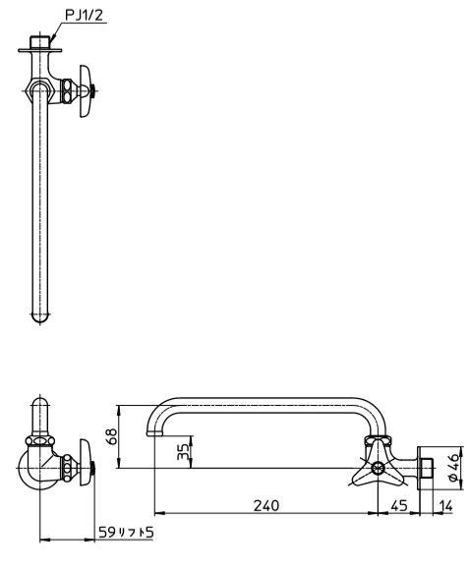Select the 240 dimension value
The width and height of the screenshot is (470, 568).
pyautogui.click(x=266, y=505)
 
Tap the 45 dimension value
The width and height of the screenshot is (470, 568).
pyautogui.click(x=399, y=505)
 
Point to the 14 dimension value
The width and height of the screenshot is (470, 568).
pyautogui.click(x=445, y=505)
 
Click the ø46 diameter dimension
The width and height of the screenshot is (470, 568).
pyautogui.click(x=454, y=468)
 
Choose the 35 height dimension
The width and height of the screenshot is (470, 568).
pyautogui.click(x=184, y=452)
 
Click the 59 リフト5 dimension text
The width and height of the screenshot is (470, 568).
pyautogui.click(x=127, y=533)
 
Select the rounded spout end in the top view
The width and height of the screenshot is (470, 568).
pyautogui.click(x=40, y=316)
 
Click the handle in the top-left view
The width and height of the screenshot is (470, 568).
pyautogui.click(x=86, y=91)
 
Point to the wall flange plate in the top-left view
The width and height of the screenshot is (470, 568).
pyautogui.click(x=40, y=50)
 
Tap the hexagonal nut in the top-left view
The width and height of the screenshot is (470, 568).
pyautogui.click(x=40, y=89)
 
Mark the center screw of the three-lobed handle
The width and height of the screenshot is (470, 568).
pyautogui.click(x=378, y=468)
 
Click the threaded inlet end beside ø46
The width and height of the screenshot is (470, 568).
pyautogui.click(x=428, y=468)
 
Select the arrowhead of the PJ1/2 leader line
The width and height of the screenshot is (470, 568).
pyautogui.click(x=53, y=37)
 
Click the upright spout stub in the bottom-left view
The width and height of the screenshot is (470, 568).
pyautogui.click(x=40, y=417)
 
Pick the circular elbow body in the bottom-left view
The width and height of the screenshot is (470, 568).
pyautogui.click(x=37, y=468)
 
